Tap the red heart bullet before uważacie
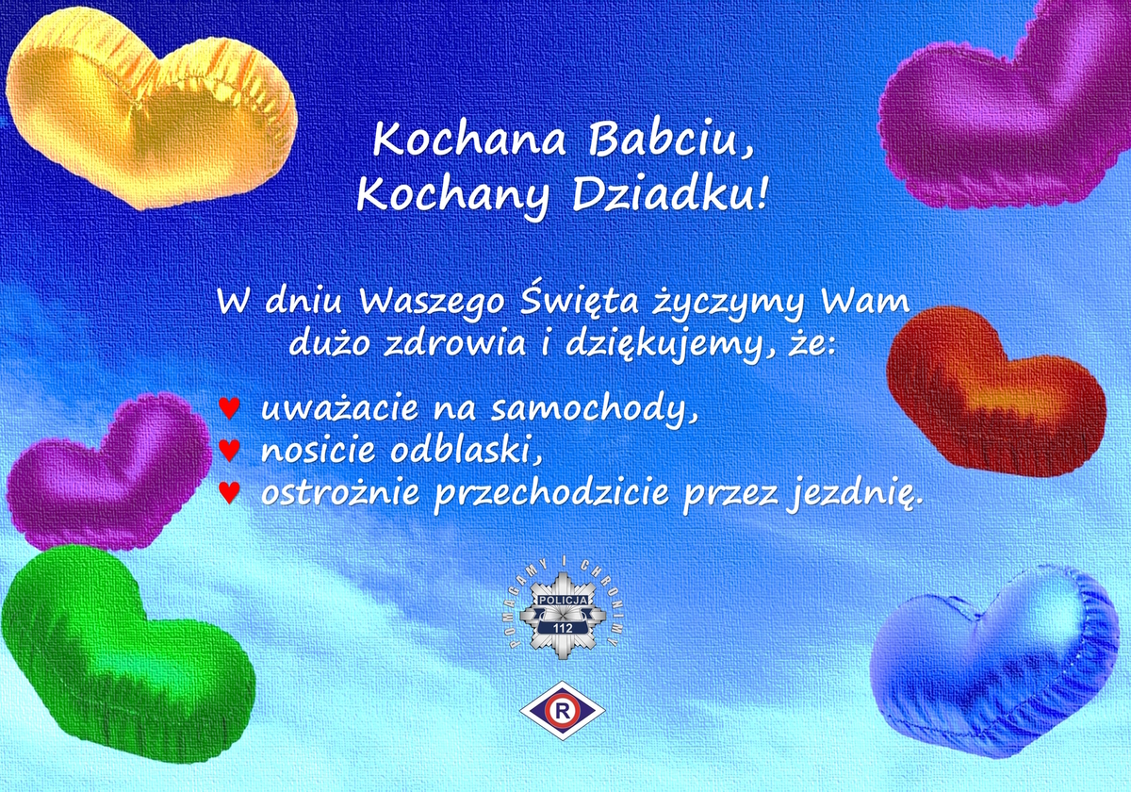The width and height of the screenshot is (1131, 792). point(229,408)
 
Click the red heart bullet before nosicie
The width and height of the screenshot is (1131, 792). point(229,450)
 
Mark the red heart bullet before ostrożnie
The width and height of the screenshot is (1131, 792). point(229,492)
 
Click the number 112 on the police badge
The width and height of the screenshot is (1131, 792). point(563,628)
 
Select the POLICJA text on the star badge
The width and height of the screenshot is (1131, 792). point(563,600)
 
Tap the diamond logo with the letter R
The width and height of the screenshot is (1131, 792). point(563,711)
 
